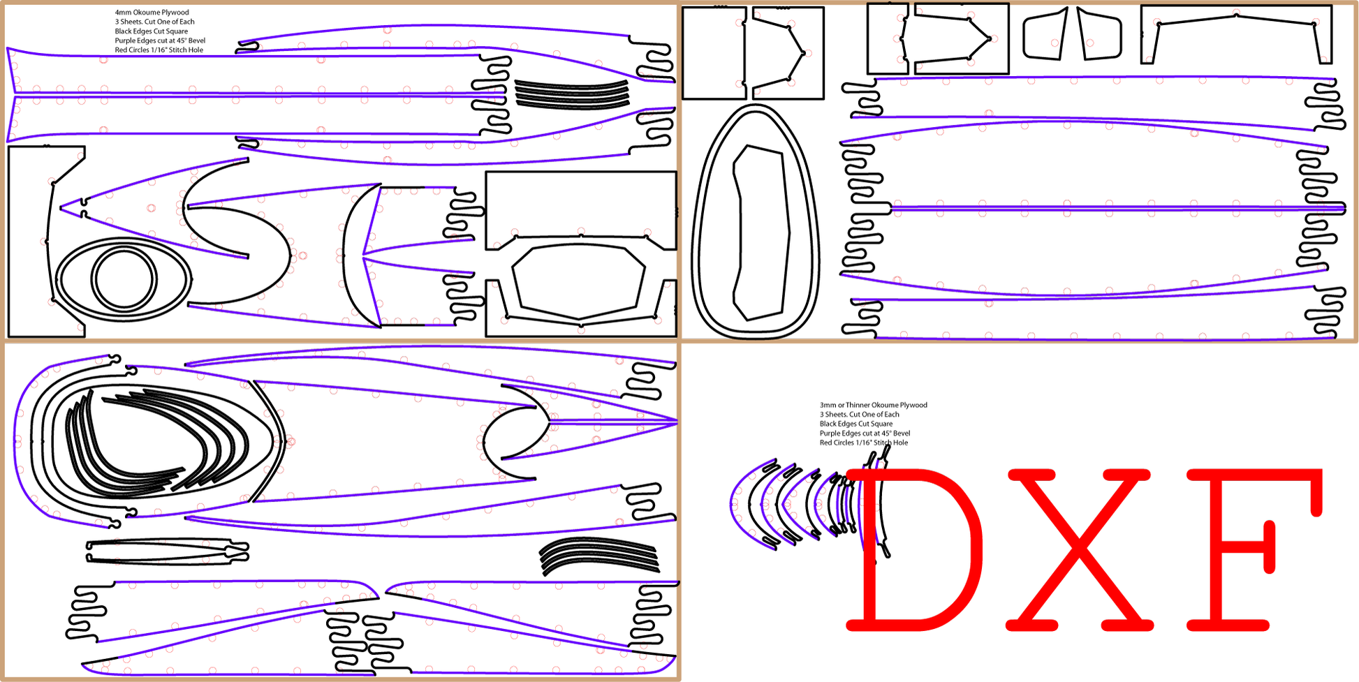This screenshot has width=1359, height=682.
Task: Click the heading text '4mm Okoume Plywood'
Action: [152, 13]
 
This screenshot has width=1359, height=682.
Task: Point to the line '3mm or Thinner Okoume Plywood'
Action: [873, 405]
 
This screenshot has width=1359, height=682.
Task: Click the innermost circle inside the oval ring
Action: [124, 279]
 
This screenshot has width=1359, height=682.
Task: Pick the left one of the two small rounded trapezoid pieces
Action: [1045, 34]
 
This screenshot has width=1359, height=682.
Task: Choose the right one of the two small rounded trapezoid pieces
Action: [1100, 34]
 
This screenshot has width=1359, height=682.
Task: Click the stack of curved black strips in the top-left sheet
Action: [572, 94]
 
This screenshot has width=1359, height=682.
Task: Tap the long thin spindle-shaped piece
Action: [167, 551]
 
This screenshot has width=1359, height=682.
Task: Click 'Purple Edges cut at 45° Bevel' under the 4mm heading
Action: [160, 40]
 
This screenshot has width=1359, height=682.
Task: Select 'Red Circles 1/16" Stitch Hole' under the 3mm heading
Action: [864, 443]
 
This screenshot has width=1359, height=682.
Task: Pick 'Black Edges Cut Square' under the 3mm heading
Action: [856, 424]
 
